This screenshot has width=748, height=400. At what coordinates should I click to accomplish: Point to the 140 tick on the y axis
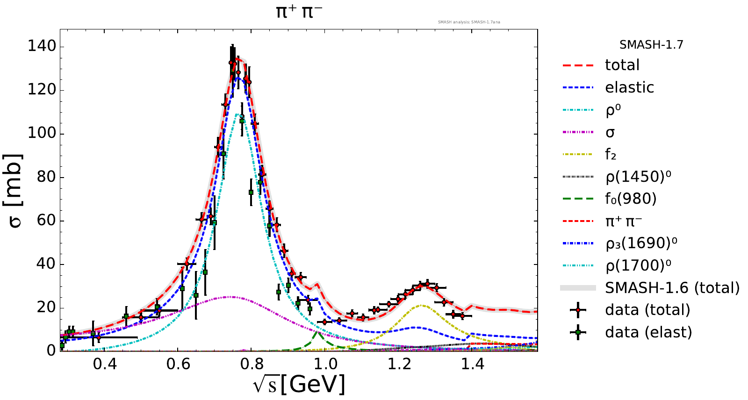pyautogui.click(x=42, y=46)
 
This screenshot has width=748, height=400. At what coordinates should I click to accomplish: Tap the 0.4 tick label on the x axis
pyautogui.click(x=105, y=364)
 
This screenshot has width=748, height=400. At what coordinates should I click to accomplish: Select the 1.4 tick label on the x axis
pyautogui.click(x=473, y=364)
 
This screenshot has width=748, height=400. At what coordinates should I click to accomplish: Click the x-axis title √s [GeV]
pyautogui.click(x=299, y=385)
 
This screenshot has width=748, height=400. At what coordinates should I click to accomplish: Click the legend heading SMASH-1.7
pyautogui.click(x=651, y=45)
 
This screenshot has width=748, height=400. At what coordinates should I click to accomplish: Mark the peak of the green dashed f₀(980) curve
pyautogui.click(x=317, y=332)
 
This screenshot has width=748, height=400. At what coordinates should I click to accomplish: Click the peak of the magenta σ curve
pyautogui.click(x=230, y=297)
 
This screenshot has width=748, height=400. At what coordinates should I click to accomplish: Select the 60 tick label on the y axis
pyautogui.click(x=45, y=221)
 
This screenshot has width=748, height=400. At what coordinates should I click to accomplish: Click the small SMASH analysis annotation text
pyautogui.click(x=469, y=22)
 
